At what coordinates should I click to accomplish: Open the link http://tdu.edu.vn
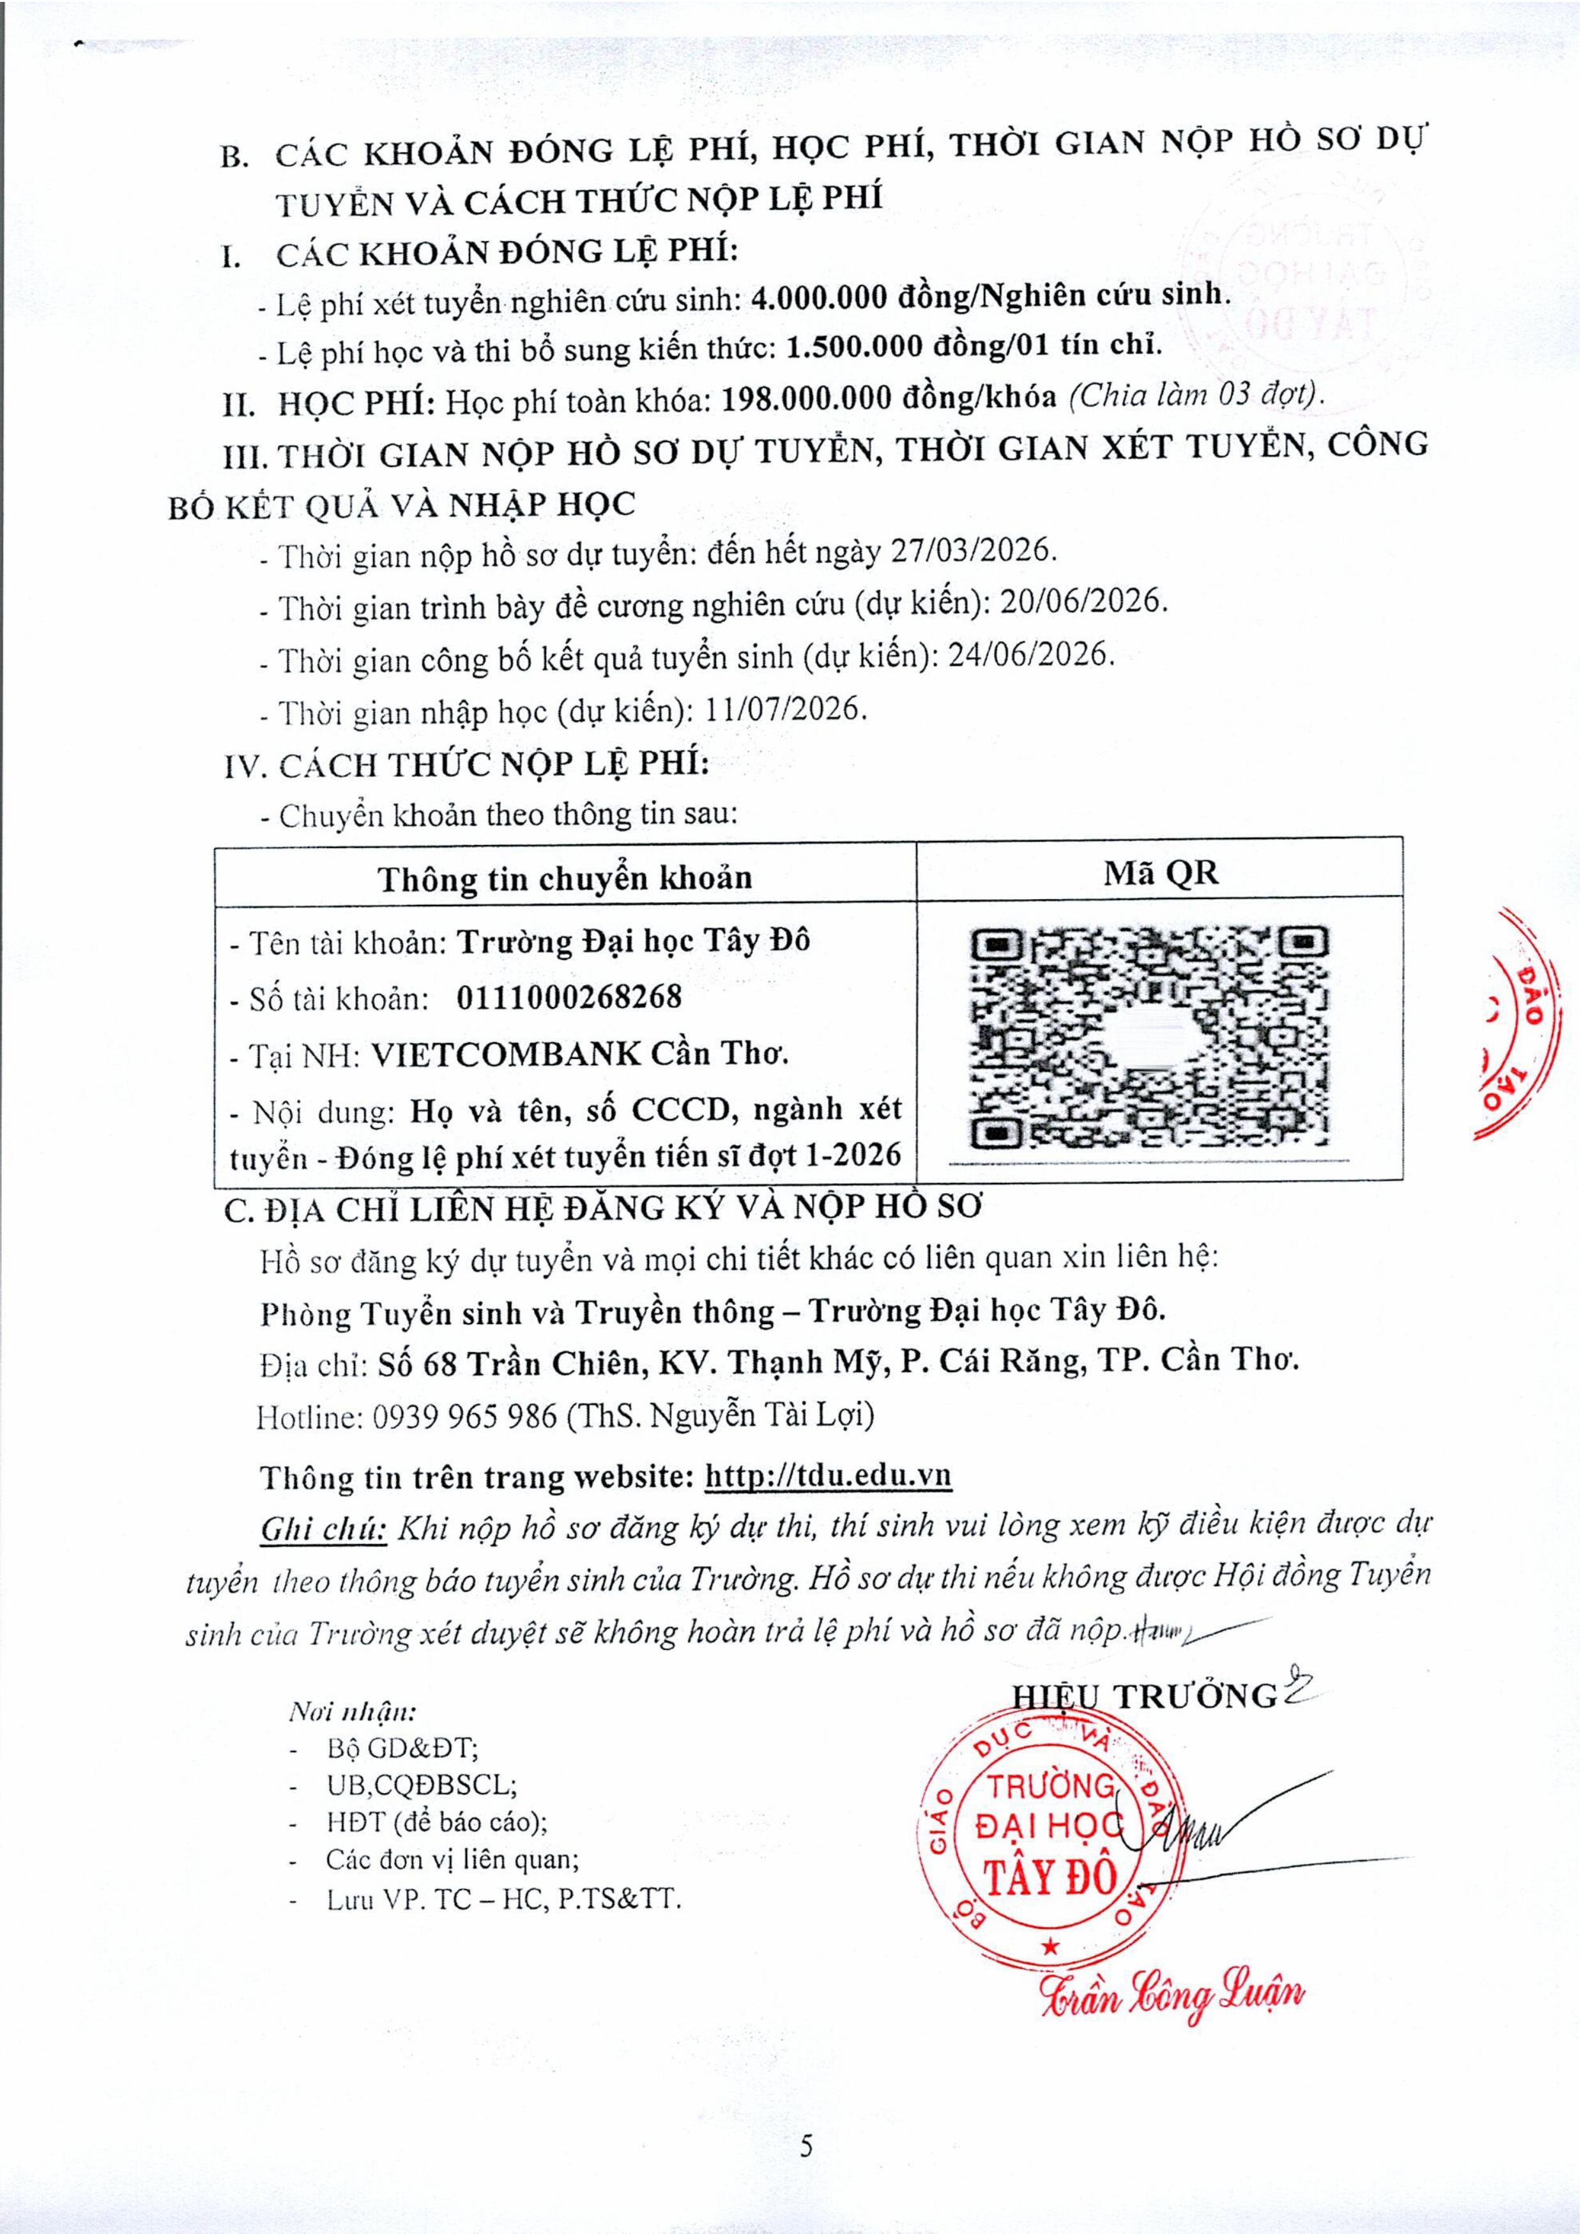pos(827,1476)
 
